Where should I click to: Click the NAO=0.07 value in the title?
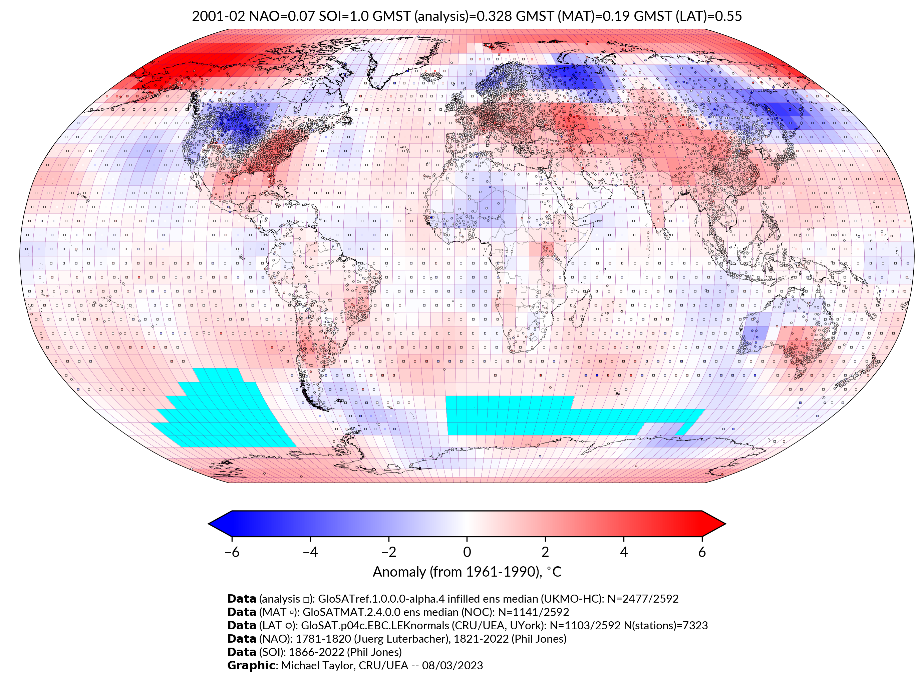pyautogui.click(x=281, y=16)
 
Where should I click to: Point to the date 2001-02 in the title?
pyautogui.click(x=219, y=16)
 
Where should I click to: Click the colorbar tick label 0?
pyautogui.click(x=467, y=552)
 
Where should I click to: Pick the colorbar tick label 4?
pyautogui.click(x=624, y=552)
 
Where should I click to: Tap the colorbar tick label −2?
pyautogui.click(x=388, y=552)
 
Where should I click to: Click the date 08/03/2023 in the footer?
pyautogui.click(x=452, y=666)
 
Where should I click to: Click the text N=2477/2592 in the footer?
pyautogui.click(x=643, y=599)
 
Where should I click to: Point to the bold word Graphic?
pyautogui.click(x=251, y=666)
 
